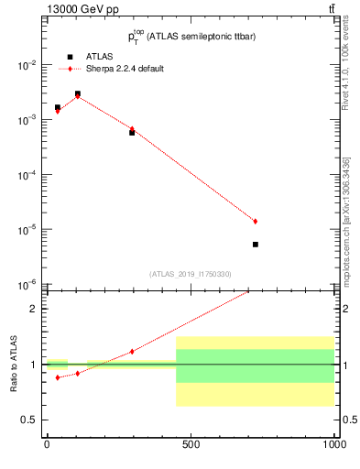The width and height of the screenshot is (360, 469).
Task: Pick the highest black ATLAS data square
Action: point(78,93)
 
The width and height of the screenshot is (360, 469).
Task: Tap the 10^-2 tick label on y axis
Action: point(25,66)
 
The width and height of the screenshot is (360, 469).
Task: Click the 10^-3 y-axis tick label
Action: point(25,120)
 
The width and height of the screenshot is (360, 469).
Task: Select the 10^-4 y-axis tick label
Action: point(25,175)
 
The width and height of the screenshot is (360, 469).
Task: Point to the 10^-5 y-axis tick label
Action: point(25,229)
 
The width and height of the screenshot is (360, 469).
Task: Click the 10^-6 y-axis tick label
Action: point(25,284)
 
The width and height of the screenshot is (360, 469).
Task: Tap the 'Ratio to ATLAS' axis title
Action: point(12,364)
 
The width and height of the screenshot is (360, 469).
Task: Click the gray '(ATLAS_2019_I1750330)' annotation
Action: point(191,274)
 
